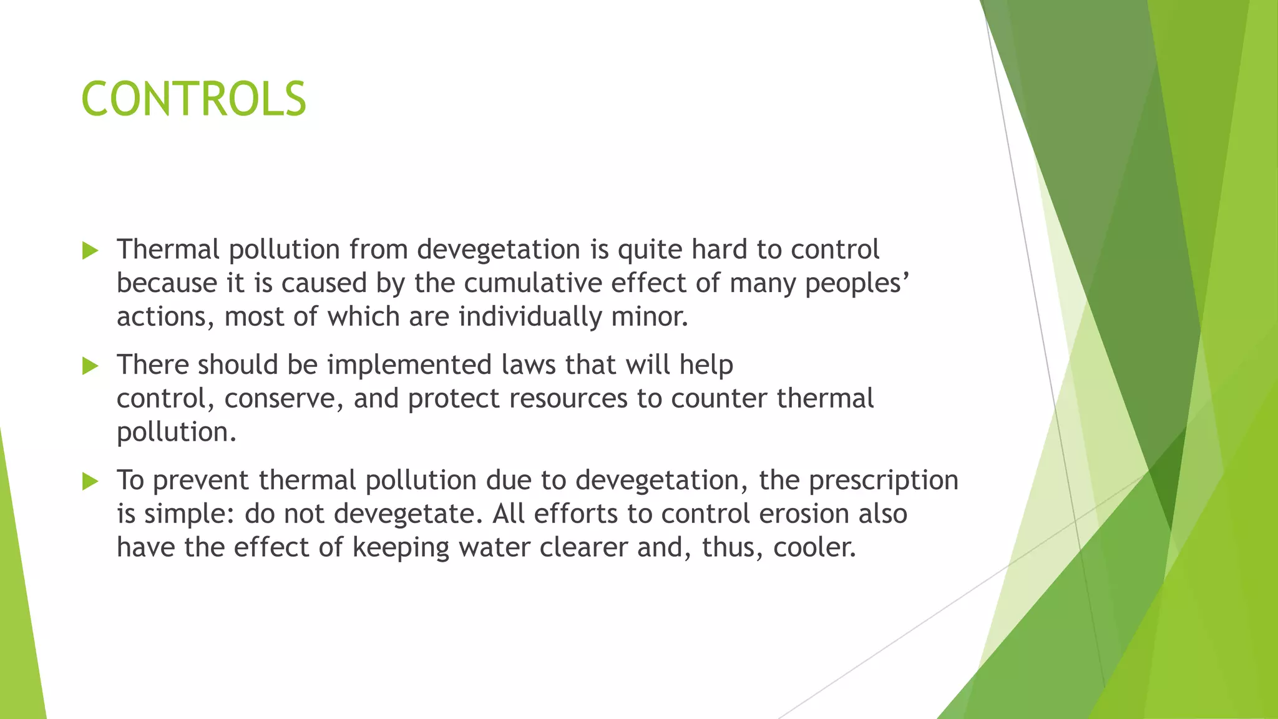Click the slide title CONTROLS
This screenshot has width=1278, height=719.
tap(193, 99)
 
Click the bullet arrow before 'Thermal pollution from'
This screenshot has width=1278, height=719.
tap(90, 251)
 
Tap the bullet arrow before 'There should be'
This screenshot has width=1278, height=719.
tap(90, 366)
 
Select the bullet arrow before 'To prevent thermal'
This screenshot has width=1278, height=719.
tap(90, 481)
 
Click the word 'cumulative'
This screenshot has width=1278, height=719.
tap(532, 283)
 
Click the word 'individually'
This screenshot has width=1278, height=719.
tap(530, 317)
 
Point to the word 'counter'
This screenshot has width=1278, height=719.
tap(718, 399)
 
